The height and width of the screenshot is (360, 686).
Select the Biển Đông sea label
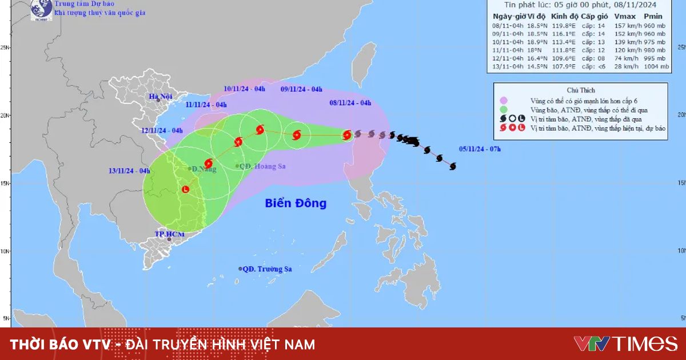tap(296, 203)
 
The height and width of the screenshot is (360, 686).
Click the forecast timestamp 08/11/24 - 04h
tap(350, 103)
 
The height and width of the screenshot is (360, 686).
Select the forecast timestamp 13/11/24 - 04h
tap(129, 170)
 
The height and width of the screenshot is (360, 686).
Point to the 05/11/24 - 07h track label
tap(480, 149)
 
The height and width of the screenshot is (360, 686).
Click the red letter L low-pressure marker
tap(185, 189)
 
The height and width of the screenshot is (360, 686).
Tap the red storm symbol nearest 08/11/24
tap(347, 135)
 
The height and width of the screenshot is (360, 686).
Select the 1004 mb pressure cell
tap(656, 67)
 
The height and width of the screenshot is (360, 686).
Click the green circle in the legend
tap(504, 110)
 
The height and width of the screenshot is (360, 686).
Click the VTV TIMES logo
tap(625, 343)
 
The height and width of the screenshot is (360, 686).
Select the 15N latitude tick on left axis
tap(5, 183)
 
